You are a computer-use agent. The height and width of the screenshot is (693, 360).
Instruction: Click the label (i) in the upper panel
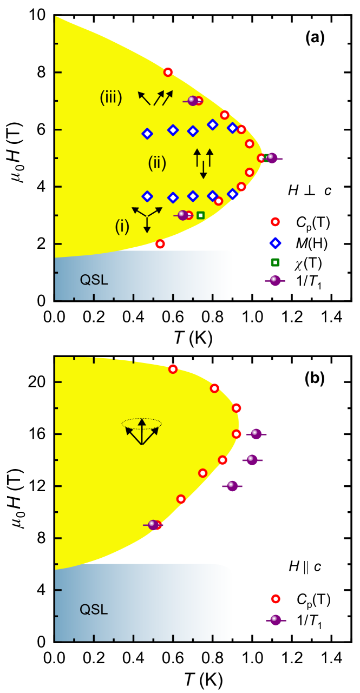pyautogui.click(x=122, y=227)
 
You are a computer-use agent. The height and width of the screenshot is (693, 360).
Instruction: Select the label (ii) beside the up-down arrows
pyautogui.click(x=157, y=162)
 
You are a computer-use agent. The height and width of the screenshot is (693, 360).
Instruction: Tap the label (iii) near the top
pyautogui.click(x=111, y=97)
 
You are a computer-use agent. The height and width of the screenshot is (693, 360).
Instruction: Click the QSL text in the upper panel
pyautogui.click(x=94, y=280)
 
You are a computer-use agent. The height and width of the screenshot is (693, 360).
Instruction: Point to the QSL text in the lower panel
pyautogui.click(x=94, y=610)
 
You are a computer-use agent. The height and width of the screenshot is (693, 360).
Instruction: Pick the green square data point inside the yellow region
pyautogui.click(x=200, y=215)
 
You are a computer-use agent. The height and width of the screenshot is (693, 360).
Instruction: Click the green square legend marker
pyautogui.click(x=275, y=262)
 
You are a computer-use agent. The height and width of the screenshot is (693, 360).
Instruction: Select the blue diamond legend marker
pyautogui.click(x=275, y=243)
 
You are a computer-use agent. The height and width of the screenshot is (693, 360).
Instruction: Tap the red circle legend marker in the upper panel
pyautogui.click(x=275, y=222)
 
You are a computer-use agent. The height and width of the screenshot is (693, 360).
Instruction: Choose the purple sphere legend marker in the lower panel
pyautogui.click(x=276, y=620)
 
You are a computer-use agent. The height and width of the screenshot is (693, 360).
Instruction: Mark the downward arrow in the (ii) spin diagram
pyautogui.click(x=203, y=171)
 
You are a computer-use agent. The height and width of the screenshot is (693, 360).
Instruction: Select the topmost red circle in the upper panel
pyautogui.click(x=168, y=72)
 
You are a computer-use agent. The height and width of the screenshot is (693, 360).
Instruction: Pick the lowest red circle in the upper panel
pyautogui.click(x=160, y=244)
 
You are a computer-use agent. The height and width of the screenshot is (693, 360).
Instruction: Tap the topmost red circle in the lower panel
pyautogui.click(x=173, y=369)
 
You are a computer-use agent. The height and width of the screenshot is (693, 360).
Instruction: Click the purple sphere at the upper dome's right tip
pyautogui.click(x=272, y=158)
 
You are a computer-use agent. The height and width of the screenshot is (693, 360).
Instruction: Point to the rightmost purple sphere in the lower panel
pyautogui.click(x=256, y=434)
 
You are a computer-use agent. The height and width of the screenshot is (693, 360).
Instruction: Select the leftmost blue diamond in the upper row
pyautogui.click(x=147, y=134)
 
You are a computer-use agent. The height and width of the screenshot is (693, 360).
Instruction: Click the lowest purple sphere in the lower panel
pyautogui.click(x=153, y=525)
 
